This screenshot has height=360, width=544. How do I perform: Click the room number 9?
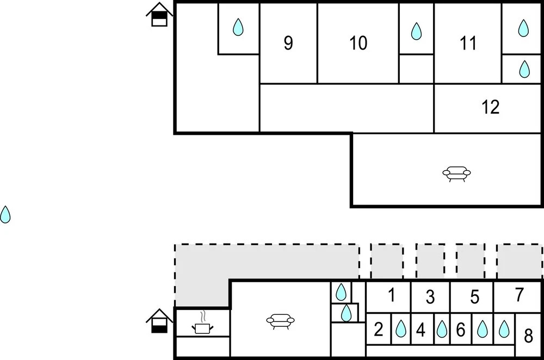(288, 43)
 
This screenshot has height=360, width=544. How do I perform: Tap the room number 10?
(358, 43)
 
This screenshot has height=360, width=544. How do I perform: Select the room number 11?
(468, 43)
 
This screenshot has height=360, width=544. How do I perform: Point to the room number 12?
(491, 107)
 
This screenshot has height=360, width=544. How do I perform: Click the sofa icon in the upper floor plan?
(456, 173)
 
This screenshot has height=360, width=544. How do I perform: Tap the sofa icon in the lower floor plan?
(280, 321)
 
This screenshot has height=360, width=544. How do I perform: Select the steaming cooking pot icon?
(202, 323)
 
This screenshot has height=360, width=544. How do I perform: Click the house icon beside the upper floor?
(159, 15)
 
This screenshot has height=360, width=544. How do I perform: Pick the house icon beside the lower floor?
(159, 321)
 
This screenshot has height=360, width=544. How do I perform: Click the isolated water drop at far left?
(5, 214)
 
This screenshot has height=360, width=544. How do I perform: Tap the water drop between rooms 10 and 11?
(416, 31)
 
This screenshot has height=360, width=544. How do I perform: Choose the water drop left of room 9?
(238, 27)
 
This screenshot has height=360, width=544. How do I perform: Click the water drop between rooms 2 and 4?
(401, 328)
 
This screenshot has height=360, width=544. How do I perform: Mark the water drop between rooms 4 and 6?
(442, 329)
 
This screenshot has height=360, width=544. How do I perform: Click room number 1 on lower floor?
(391, 295)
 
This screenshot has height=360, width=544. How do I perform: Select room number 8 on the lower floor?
(528, 336)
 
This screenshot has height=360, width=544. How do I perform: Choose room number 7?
(519, 295)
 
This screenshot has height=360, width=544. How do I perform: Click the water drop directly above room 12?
(524, 69)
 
